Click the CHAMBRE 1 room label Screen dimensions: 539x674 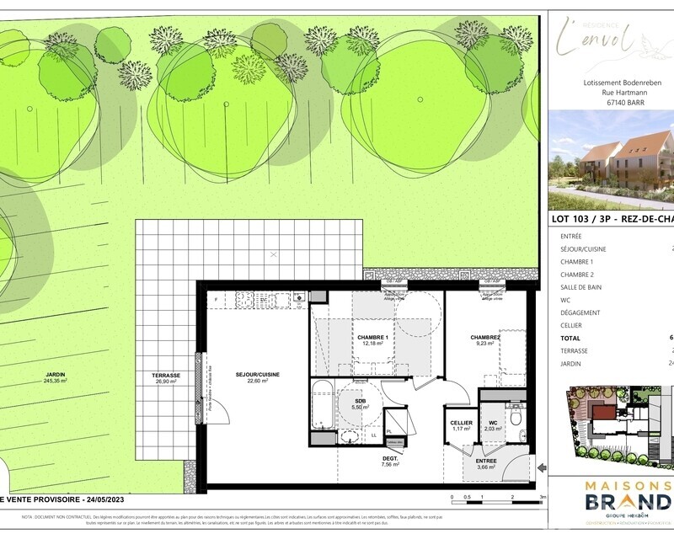point(372,340)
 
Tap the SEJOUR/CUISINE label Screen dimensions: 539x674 point(257,377)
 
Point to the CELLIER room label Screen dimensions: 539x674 point(461,425)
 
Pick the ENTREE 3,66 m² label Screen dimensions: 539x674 point(485,464)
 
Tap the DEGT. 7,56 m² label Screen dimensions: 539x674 point(388,461)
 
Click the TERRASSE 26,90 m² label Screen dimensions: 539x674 point(166,378)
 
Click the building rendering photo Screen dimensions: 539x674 point(612,160)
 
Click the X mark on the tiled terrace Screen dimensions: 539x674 point(273,253)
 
